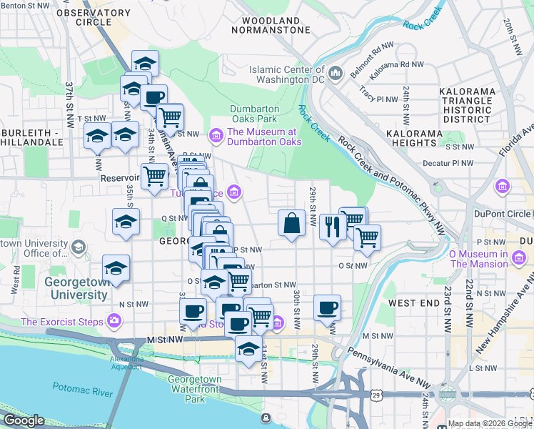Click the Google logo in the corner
[x=24, y=420]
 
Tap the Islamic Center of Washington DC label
[x=287, y=74]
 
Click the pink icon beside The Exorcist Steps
[x=114, y=320]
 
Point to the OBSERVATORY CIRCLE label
[x=93, y=17]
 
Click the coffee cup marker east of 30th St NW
[x=327, y=308]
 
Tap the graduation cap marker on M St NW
[x=248, y=350]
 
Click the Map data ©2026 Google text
[x=489, y=423]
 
